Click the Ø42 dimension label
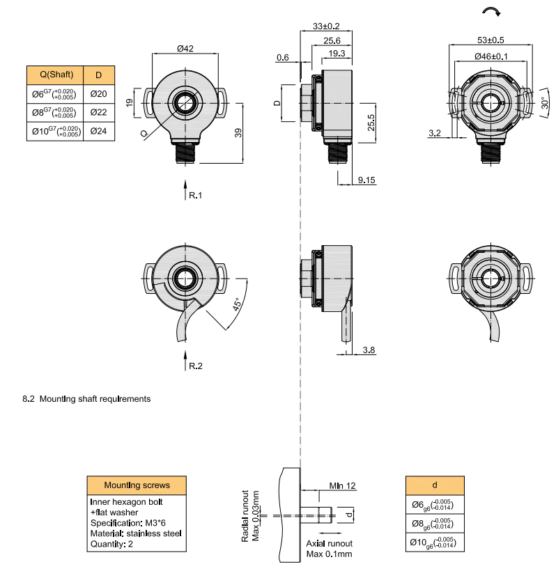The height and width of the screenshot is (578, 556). pos(185,49)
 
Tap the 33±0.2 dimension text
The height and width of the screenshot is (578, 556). pos(326,26)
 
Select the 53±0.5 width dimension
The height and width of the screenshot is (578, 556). pos(491,40)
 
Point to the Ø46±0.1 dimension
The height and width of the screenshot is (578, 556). pos(491,56)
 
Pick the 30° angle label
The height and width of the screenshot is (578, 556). pos(544,104)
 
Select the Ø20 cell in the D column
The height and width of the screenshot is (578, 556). pos(98,94)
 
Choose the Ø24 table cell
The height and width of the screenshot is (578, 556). pos(98,131)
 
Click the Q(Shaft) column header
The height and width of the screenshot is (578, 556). pos(54,75)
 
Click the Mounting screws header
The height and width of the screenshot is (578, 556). pos(137,485)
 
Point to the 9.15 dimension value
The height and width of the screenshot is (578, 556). pos(366,180)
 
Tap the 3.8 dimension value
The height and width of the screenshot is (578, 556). pos(369,350)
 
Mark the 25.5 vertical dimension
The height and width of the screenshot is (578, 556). pos(371,122)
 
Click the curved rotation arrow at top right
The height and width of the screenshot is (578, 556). pos(491,11)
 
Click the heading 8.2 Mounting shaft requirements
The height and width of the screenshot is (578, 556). pos(86,399)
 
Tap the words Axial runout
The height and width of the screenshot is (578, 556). pos(330,543)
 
